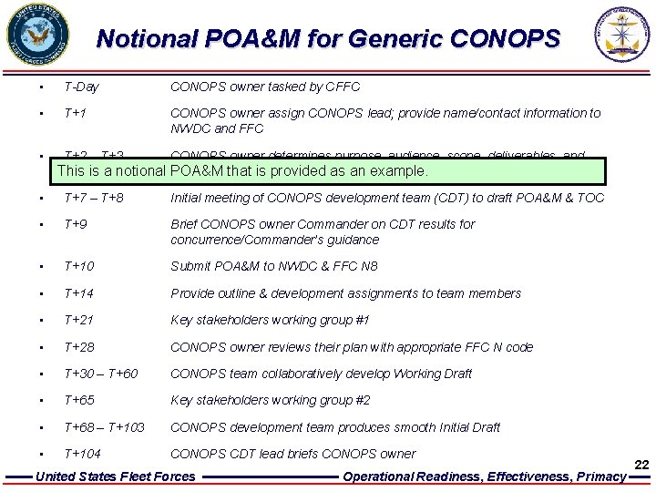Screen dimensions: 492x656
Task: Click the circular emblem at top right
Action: pyautogui.click(x=622, y=34)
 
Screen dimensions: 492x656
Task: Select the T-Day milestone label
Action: pyautogui.click(x=82, y=87)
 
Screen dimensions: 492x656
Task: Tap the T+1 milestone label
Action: pyautogui.click(x=75, y=113)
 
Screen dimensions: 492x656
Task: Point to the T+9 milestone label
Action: pyautogui.click(x=75, y=224)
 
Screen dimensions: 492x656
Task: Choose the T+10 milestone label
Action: pyautogui.click(x=79, y=266)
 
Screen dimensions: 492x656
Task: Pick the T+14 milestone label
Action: pyautogui.click(x=79, y=293)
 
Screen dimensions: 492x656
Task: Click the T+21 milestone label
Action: pyautogui.click(x=79, y=320)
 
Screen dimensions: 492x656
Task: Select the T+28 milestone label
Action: pyautogui.click(x=79, y=347)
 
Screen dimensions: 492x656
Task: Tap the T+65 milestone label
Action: pyautogui.click(x=79, y=400)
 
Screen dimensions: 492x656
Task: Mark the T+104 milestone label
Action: pyautogui.click(x=83, y=454)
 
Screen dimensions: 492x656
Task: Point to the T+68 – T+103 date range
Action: pyautogui.click(x=105, y=427)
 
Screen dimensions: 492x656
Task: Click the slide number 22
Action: pyautogui.click(x=641, y=465)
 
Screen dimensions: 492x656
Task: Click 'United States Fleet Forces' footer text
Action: pyautogui.click(x=115, y=477)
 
